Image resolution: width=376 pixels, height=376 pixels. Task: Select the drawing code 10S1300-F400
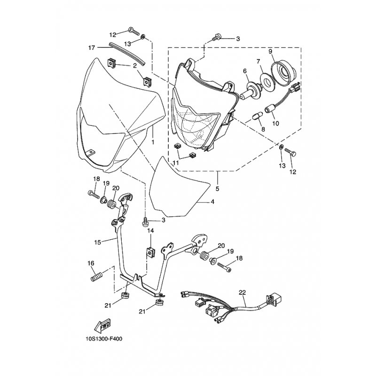point(104,339)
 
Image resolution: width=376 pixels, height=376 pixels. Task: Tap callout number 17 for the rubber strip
point(92,47)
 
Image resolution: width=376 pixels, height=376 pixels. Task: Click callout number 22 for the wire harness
point(243,292)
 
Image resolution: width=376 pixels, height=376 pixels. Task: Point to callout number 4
point(212,202)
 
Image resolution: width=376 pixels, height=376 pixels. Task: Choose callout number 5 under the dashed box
point(217,189)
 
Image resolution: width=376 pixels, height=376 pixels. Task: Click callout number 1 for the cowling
point(153,142)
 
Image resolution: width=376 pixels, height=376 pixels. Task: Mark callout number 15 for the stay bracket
point(98,242)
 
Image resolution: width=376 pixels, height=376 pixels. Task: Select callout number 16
point(91,263)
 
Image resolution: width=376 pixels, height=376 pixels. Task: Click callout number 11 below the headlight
point(176,163)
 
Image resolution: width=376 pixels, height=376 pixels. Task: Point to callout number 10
point(275,124)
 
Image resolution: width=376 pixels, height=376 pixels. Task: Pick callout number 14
point(150,231)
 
